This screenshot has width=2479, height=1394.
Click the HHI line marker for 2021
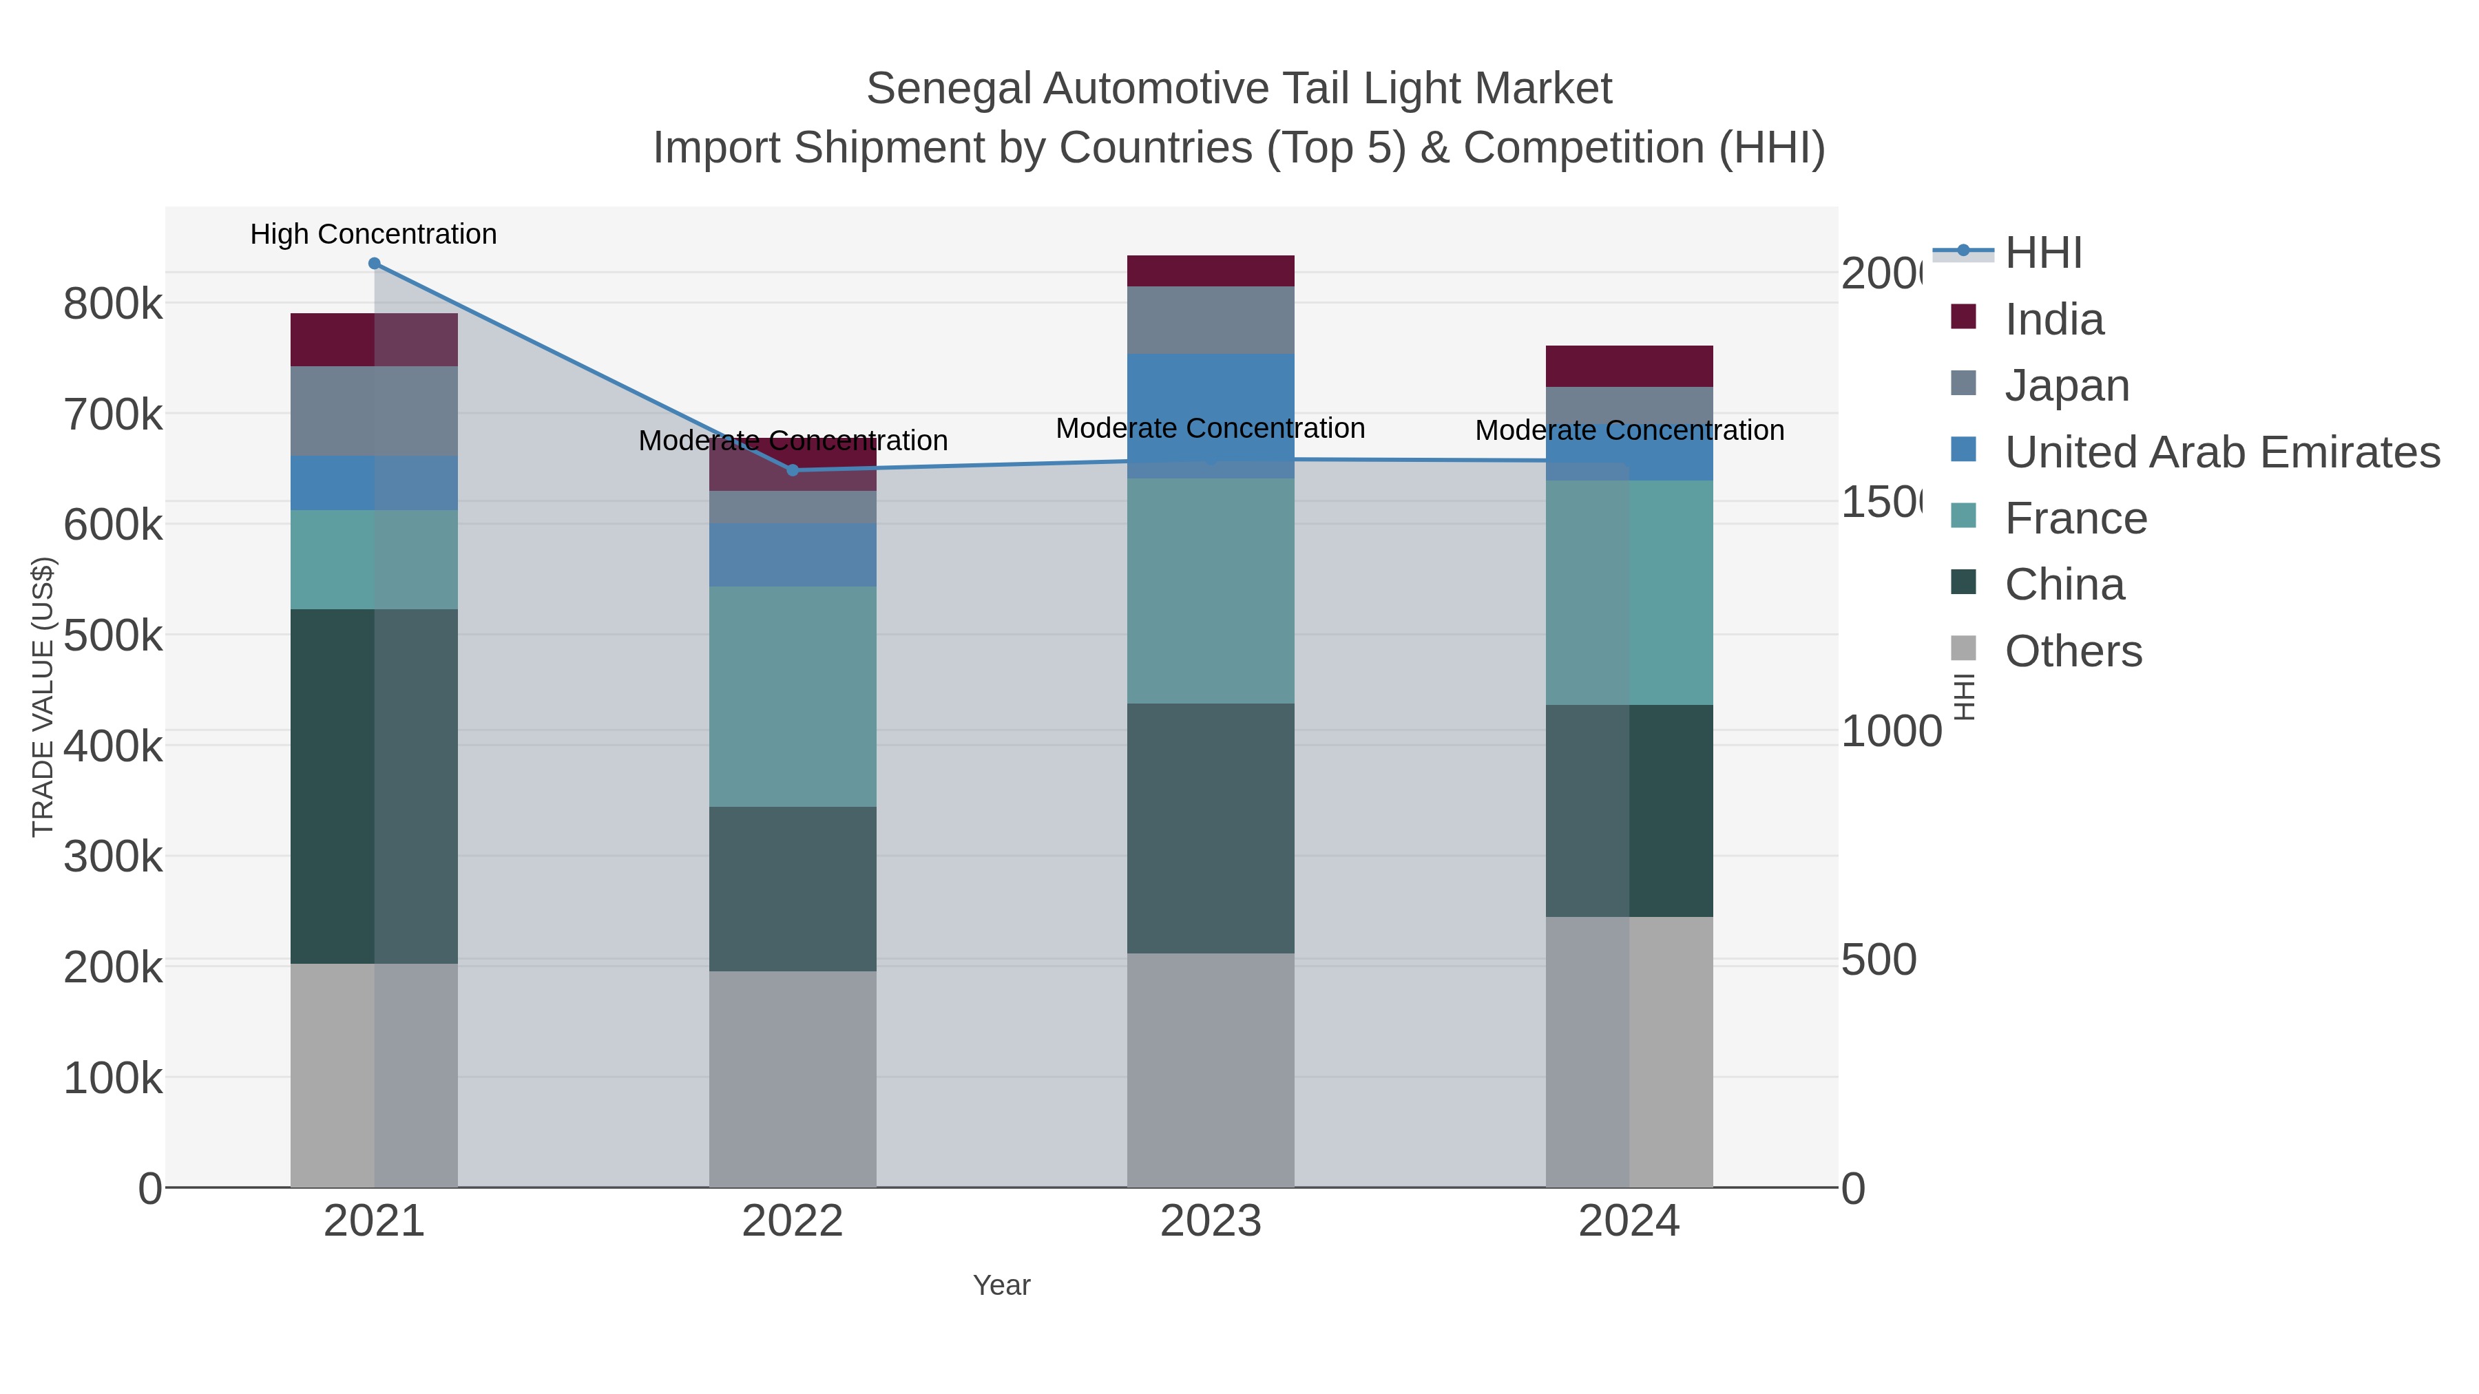pyautogui.click(x=375, y=264)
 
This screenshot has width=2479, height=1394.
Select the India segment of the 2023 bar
pyautogui.click(x=1211, y=271)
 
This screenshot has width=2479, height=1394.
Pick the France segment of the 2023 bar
pyautogui.click(x=1211, y=591)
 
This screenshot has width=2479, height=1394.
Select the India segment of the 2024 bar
pyautogui.click(x=1629, y=366)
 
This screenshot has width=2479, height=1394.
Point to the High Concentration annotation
pyautogui.click(x=373, y=234)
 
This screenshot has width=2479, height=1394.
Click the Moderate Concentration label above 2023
pyautogui.click(x=1211, y=428)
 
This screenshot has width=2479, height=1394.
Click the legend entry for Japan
pyautogui.click(x=2066, y=386)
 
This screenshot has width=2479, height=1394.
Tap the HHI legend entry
pyautogui.click(x=2043, y=253)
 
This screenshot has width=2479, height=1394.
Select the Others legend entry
pyautogui.click(x=2073, y=651)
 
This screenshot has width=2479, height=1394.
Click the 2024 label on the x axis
pyautogui.click(x=1629, y=1221)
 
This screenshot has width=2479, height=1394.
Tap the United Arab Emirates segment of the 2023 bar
pyautogui.click(x=1211, y=416)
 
